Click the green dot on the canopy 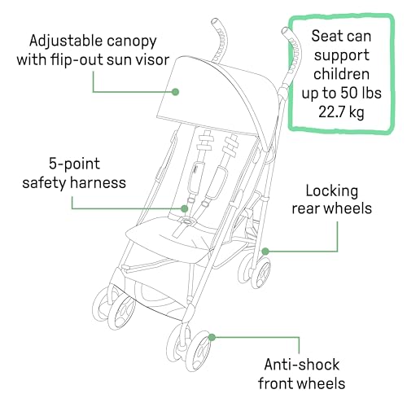(x=176, y=92)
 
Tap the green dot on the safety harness (x=185, y=208)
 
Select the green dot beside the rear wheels (x=265, y=252)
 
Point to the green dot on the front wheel (x=212, y=338)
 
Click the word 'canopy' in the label (x=131, y=42)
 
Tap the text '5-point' (x=74, y=164)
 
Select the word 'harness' (x=98, y=182)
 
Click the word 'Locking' (x=332, y=191)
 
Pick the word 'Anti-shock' (x=302, y=364)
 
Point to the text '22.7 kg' (x=341, y=112)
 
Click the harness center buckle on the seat (x=186, y=221)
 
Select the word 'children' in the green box (x=341, y=74)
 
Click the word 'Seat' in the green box (x=323, y=36)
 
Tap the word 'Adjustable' (x=66, y=41)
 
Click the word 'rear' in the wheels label (x=306, y=209)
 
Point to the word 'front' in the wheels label (x=276, y=383)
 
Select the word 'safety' (x=45, y=182)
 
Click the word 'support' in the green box (x=342, y=55)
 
